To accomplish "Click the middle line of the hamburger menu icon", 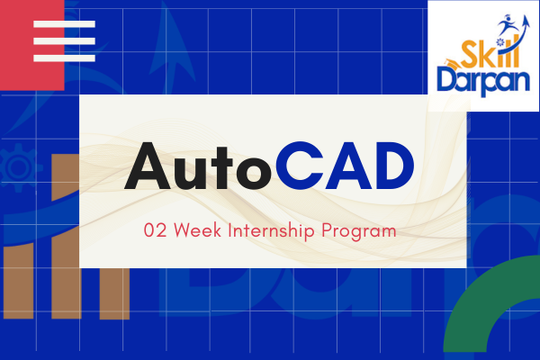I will coord(63,40).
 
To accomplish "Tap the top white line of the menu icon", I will coord(63,23).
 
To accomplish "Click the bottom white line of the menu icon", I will coord(63,58).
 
